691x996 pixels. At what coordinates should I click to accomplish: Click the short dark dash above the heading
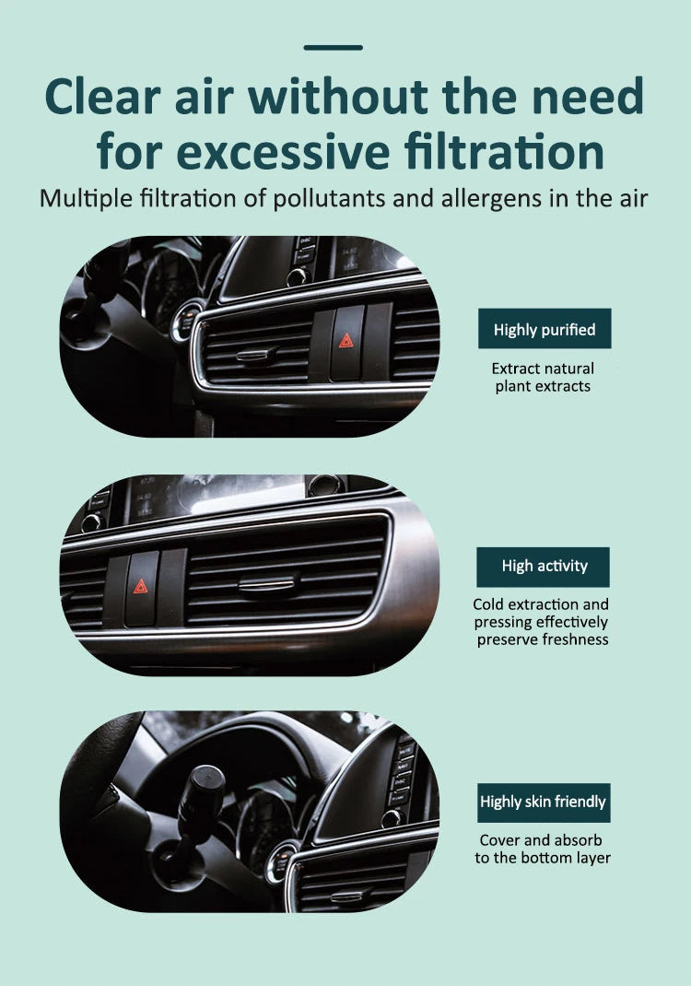(x=333, y=47)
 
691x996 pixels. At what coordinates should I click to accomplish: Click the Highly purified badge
(x=544, y=329)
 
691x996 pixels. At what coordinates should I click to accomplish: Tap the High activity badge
(x=544, y=567)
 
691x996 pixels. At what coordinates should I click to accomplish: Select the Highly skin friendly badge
(x=544, y=803)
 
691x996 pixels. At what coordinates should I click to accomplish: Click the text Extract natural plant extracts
(x=543, y=378)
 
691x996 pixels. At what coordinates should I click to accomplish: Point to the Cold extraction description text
(x=542, y=622)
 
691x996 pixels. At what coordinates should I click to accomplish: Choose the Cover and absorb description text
(x=542, y=850)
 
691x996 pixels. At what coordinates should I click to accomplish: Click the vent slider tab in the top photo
(x=256, y=355)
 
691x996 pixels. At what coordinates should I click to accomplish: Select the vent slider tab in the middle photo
(x=267, y=583)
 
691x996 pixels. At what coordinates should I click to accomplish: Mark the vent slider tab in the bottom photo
(x=351, y=894)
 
